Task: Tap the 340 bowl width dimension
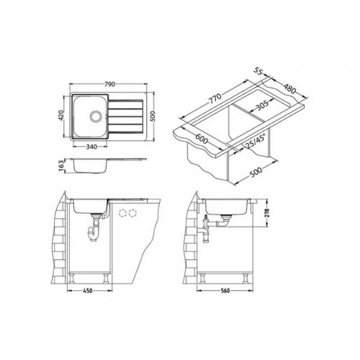[x=91, y=147]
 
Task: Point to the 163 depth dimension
[x=61, y=166]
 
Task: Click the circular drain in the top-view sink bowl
[x=96, y=117]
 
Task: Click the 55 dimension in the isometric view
[x=258, y=72]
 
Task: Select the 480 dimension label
[x=289, y=89]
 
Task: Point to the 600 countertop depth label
[x=202, y=139]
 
